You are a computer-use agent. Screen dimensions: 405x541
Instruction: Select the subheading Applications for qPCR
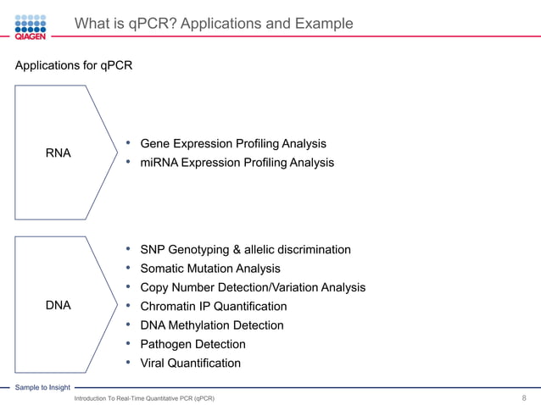73,65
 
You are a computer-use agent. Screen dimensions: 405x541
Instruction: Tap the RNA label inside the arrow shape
58,153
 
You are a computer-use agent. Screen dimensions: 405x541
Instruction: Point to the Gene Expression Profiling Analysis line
233,144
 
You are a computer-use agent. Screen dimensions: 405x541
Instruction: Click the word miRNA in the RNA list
159,163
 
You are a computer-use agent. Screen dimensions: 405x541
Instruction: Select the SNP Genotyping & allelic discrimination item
245,250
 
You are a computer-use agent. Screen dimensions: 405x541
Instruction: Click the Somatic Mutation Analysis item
209,269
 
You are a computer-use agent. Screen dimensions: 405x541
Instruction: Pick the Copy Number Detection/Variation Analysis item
253,288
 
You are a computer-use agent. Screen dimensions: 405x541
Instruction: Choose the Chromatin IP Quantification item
213,307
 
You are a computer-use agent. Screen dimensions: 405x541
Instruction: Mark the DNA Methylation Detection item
211,325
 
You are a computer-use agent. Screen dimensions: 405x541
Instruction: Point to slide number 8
525,397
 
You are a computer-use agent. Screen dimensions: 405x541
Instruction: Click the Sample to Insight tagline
42,387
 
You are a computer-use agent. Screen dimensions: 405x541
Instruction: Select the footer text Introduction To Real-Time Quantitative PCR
144,397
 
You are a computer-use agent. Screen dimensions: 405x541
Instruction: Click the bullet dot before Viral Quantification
127,363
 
